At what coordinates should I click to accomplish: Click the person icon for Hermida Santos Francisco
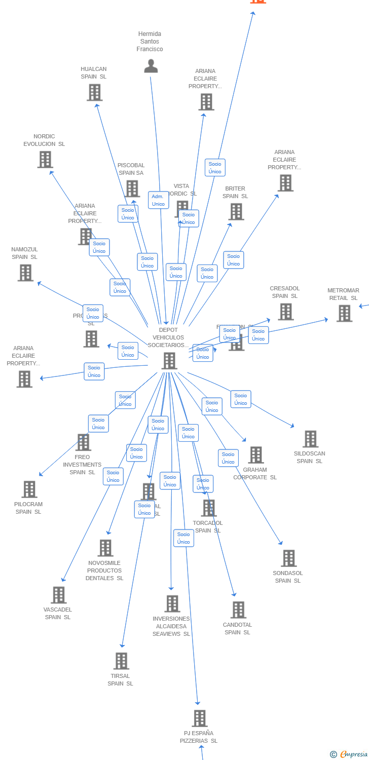(151, 66)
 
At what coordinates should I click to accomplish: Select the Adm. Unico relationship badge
(158, 200)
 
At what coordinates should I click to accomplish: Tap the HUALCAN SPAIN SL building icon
(94, 92)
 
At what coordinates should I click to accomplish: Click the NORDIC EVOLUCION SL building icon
(45, 160)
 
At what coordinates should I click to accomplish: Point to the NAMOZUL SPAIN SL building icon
(25, 273)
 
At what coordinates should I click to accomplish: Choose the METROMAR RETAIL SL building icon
(344, 313)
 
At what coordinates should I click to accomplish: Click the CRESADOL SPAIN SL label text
(284, 292)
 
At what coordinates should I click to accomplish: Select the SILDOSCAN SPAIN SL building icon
(310, 439)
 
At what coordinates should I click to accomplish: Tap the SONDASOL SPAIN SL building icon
(288, 558)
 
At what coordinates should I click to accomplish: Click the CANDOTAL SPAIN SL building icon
(238, 610)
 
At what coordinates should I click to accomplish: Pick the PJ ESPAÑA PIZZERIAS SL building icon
(200, 718)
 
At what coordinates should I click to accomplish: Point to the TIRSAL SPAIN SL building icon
(121, 661)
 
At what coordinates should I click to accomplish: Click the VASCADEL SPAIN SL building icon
(59, 595)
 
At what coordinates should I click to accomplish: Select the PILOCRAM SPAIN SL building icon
(29, 489)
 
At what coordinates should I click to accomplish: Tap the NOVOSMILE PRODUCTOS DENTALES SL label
(104, 571)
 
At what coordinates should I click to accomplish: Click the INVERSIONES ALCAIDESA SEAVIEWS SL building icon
(172, 604)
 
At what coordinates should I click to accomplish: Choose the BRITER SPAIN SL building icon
(236, 212)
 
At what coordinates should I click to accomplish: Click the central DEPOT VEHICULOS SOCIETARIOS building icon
(169, 361)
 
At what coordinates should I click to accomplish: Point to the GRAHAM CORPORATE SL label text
(255, 473)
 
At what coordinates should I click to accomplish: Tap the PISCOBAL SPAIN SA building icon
(132, 188)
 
